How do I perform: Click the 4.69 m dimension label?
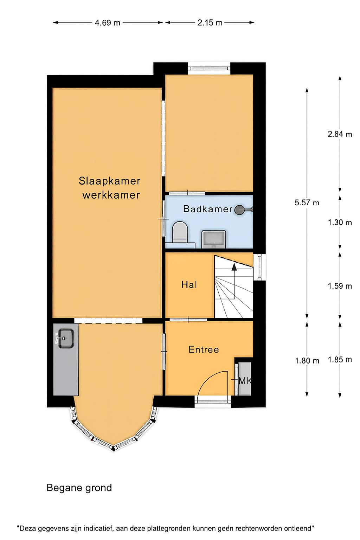107,22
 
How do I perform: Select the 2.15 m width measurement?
210,22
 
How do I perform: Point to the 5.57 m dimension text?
307,202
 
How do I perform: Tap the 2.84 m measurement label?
340,134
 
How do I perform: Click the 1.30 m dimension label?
340,222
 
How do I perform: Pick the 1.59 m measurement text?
340,286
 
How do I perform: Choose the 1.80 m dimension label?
307,361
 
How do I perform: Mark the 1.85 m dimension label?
340,359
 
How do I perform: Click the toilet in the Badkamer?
180,232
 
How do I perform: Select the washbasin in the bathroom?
214,239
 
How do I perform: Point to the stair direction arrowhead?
234,267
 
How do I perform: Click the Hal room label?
189,285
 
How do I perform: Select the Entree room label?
204,349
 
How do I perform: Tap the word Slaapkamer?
109,181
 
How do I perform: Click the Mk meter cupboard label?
245,381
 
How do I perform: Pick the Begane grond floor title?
79,488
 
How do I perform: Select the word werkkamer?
111,195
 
